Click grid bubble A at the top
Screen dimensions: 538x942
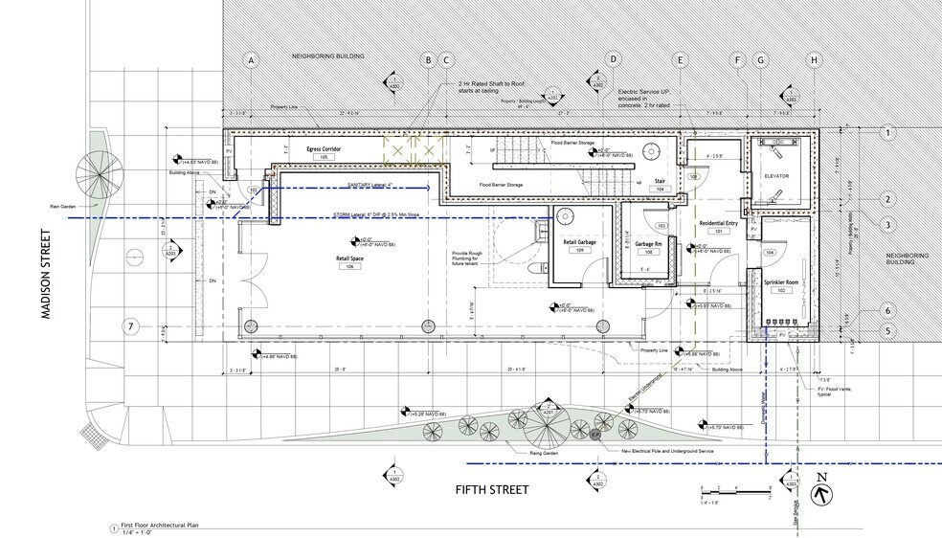tap(252, 60)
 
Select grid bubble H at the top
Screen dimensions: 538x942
tap(814, 60)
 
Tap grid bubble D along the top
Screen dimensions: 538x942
tap(613, 60)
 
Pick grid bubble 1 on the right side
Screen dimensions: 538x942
tap(888, 133)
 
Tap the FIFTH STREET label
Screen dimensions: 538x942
tap(491, 489)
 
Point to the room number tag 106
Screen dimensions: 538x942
tap(351, 268)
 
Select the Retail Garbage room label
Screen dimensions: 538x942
tap(579, 242)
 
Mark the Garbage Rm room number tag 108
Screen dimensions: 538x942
tap(649, 252)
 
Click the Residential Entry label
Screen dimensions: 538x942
tap(718, 222)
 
